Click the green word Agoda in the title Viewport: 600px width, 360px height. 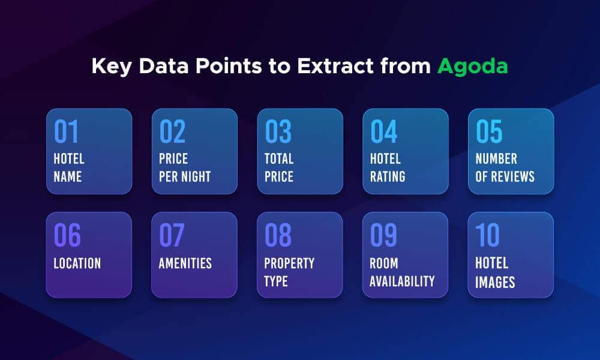pos(472,67)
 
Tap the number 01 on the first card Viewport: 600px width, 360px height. pos(66,132)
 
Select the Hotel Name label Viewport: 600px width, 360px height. pos(69,167)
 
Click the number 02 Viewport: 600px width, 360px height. pos(172,132)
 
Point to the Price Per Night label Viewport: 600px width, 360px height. pos(184,167)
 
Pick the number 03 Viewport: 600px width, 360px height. pos(278,132)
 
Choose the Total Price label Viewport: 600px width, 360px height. pos(279,167)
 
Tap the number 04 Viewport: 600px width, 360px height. pos(383,132)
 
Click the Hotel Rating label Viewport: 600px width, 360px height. pos(387,167)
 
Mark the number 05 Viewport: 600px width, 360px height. pos(489,132)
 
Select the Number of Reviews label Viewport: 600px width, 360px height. pos(505,167)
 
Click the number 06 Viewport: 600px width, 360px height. pos(67,236)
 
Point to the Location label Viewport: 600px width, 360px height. pos(77,263)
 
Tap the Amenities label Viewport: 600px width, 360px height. pos(185,263)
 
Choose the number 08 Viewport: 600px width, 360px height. pos(278,236)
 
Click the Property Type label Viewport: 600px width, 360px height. pos(289,272)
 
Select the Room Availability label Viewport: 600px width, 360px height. pos(402,272)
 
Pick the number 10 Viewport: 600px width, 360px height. pos(487,236)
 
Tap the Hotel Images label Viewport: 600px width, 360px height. pos(494,272)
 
